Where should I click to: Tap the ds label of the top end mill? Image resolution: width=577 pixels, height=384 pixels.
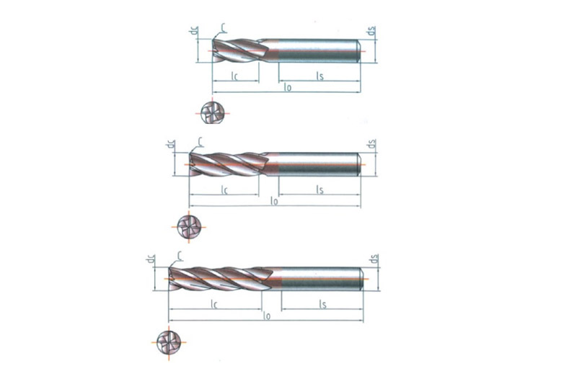[x=371, y=31]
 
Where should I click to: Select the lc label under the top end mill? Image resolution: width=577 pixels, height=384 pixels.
[x=235, y=76]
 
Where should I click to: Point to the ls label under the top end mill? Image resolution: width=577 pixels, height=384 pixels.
[x=320, y=76]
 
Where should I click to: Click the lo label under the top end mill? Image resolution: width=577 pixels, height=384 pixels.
[x=288, y=87]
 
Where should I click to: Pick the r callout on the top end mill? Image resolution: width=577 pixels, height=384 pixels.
[x=223, y=27]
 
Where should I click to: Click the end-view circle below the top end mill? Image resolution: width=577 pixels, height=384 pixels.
[x=212, y=113]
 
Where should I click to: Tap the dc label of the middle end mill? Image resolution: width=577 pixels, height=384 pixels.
[x=171, y=144]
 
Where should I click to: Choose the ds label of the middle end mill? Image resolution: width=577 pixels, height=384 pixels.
[x=371, y=143]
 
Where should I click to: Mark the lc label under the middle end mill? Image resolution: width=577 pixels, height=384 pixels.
[x=224, y=189]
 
